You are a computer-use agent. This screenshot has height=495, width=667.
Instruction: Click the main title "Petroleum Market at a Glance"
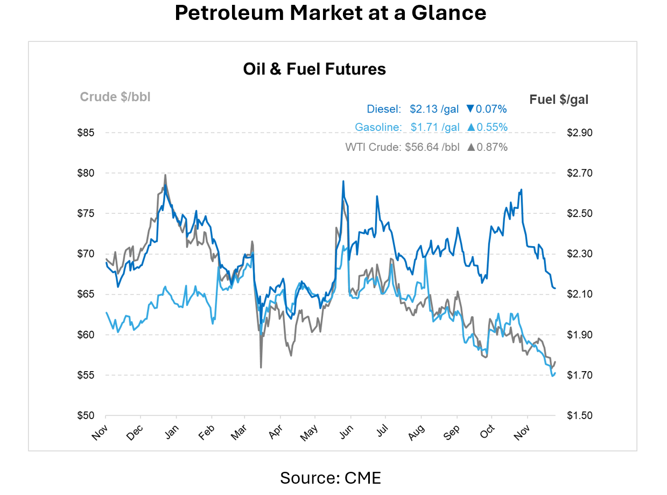click(330, 13)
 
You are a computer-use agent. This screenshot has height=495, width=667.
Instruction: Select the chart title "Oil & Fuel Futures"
click(314, 69)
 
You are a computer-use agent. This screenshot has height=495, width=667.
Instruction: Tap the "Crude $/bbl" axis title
click(115, 97)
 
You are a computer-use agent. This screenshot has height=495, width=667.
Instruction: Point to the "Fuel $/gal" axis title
click(559, 99)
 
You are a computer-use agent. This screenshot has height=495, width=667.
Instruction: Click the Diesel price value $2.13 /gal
click(434, 109)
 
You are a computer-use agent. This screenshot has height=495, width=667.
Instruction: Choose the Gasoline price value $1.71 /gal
click(435, 128)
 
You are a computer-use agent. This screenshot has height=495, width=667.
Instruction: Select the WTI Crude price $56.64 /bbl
click(432, 147)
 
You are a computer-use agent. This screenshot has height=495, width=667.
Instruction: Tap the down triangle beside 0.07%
click(470, 109)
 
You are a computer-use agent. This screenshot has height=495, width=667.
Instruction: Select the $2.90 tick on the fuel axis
click(579, 133)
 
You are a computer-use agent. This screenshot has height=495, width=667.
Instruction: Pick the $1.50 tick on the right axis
click(579, 415)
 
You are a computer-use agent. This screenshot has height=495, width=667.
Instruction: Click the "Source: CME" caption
click(330, 477)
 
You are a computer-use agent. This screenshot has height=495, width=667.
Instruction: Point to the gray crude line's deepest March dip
click(261, 367)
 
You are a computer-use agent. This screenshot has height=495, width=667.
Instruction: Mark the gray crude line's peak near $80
click(165, 175)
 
